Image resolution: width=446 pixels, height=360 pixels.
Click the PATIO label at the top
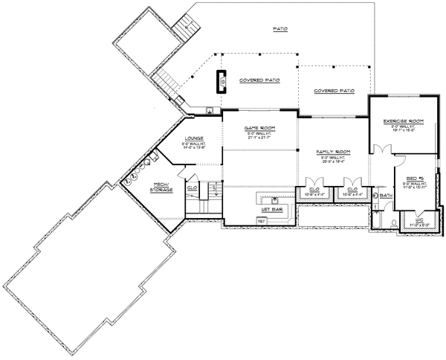[x=280, y=29]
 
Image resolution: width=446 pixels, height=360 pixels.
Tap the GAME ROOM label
[x=260, y=128]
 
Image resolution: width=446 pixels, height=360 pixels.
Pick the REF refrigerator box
[x=262, y=221]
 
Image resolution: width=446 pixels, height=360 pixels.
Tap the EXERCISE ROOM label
[x=403, y=120]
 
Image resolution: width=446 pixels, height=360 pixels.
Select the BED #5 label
[x=413, y=178]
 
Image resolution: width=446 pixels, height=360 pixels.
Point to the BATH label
[x=385, y=196]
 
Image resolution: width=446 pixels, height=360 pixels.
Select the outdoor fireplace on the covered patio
[x=222, y=80]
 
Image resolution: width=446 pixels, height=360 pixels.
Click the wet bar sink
[x=274, y=200]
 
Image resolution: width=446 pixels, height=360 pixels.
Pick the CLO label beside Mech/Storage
[x=191, y=187]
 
